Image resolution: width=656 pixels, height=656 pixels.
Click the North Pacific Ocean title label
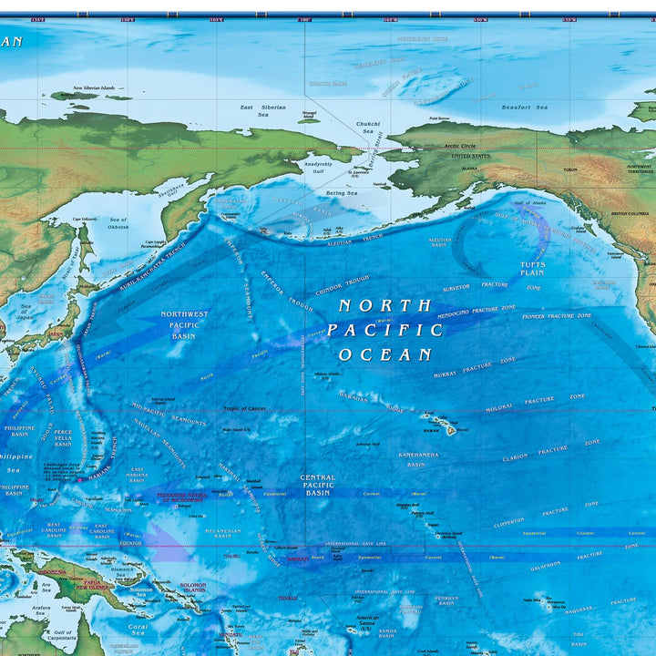click(385, 330)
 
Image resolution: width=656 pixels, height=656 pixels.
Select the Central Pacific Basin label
click(317, 485)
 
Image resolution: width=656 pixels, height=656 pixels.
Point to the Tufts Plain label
click(532, 268)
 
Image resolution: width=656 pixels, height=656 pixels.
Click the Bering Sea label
click(342, 193)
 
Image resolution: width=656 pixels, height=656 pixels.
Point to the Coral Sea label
click(138, 630)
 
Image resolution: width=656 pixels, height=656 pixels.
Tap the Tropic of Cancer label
click(244, 409)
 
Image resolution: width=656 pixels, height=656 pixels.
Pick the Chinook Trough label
click(343, 285)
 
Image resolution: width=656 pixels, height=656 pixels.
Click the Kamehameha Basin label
click(416, 458)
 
